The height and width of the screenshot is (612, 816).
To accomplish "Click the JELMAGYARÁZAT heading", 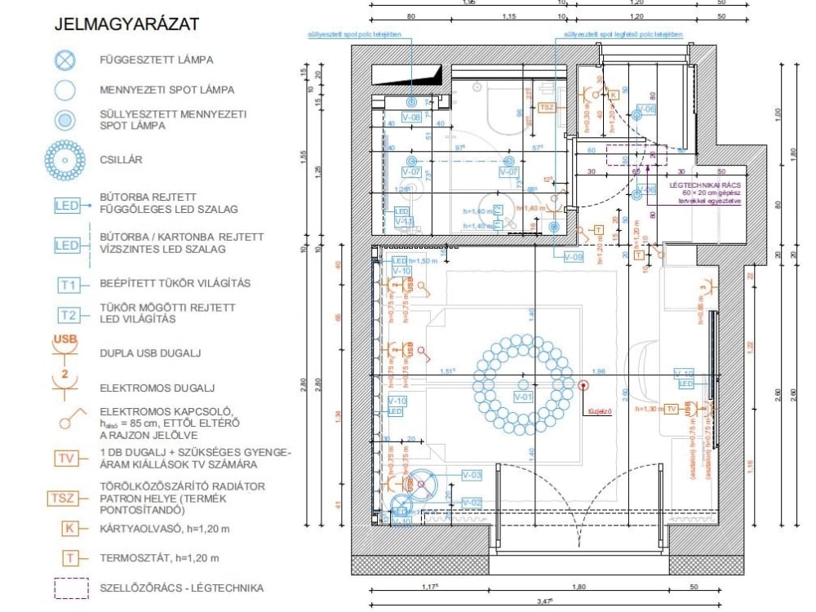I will tap(126, 24).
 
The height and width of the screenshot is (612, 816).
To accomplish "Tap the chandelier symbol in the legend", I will tap(65, 160).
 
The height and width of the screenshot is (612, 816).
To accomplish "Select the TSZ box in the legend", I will tap(65, 498).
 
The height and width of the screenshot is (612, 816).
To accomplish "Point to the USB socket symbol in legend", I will tap(65, 346).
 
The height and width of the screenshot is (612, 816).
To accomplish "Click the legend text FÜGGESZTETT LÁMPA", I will tap(156, 60).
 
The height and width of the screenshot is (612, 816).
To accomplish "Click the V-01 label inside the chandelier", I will tap(523, 397).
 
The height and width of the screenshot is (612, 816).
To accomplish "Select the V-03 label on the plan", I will tap(472, 474).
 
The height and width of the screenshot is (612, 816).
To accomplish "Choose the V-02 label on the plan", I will tap(472, 502).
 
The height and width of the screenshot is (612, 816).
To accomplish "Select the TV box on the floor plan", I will tap(672, 408).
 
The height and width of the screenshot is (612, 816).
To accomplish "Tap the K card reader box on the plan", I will tap(614, 95).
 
